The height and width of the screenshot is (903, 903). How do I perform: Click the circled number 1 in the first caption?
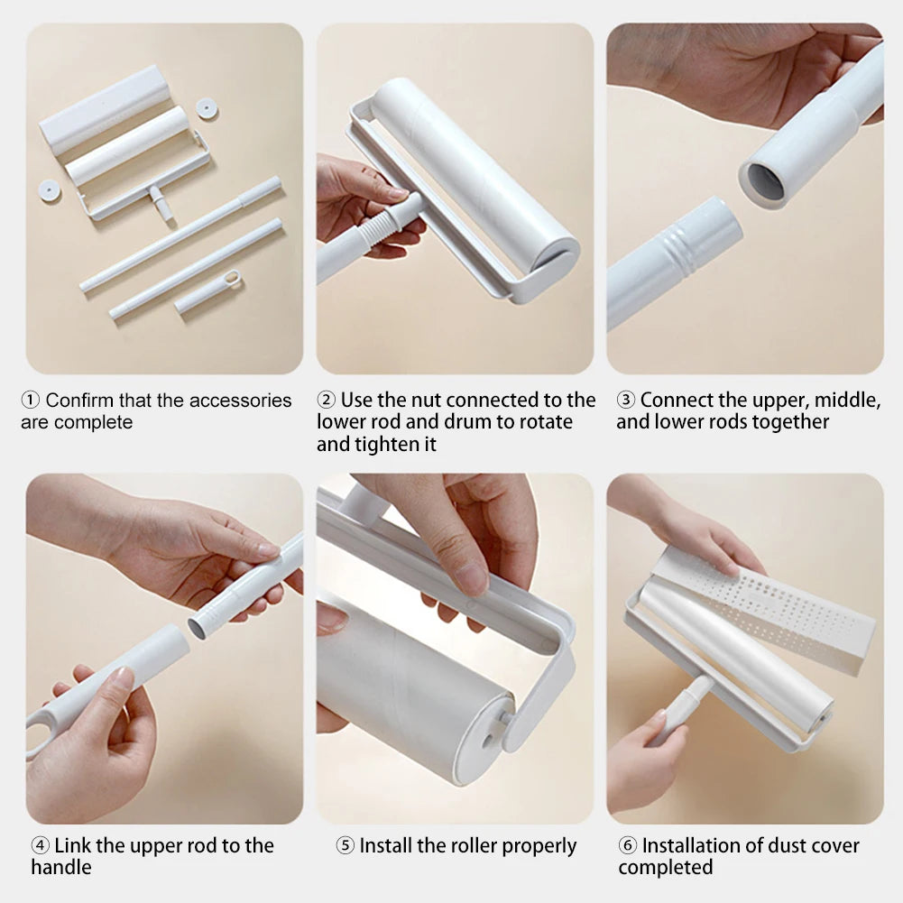pos(30,401)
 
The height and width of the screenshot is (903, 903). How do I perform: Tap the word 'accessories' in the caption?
pos(240,401)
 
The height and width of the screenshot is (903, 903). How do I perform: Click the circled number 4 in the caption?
pos(40,846)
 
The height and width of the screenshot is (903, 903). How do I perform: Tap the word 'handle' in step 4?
pos(61,868)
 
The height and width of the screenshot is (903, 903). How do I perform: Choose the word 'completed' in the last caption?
pos(665,868)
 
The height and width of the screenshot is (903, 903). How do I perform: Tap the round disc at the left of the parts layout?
pos(50,189)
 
